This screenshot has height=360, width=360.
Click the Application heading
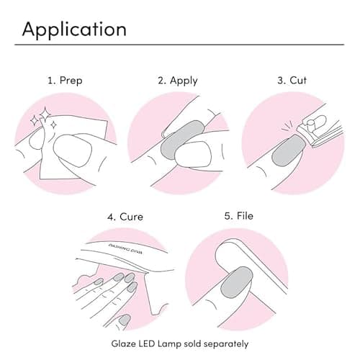[74, 29]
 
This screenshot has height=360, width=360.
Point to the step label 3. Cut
[292, 80]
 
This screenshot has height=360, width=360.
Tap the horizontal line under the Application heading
[180, 45]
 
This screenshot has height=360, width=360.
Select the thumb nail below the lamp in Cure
[125, 320]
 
